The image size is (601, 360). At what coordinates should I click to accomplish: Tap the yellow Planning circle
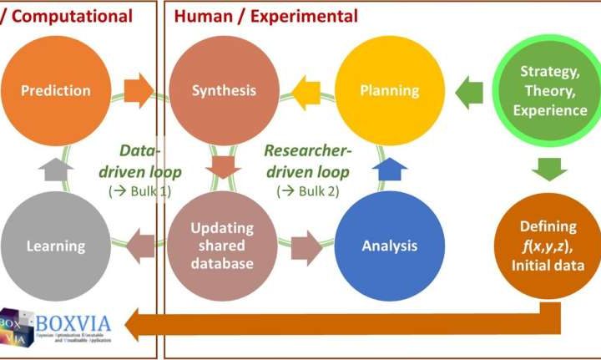[x=390, y=90]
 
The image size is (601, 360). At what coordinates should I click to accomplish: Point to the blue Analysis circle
[x=390, y=246]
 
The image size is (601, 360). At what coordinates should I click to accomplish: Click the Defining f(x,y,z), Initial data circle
[x=550, y=246]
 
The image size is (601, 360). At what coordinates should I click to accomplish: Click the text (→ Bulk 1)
[x=138, y=191]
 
